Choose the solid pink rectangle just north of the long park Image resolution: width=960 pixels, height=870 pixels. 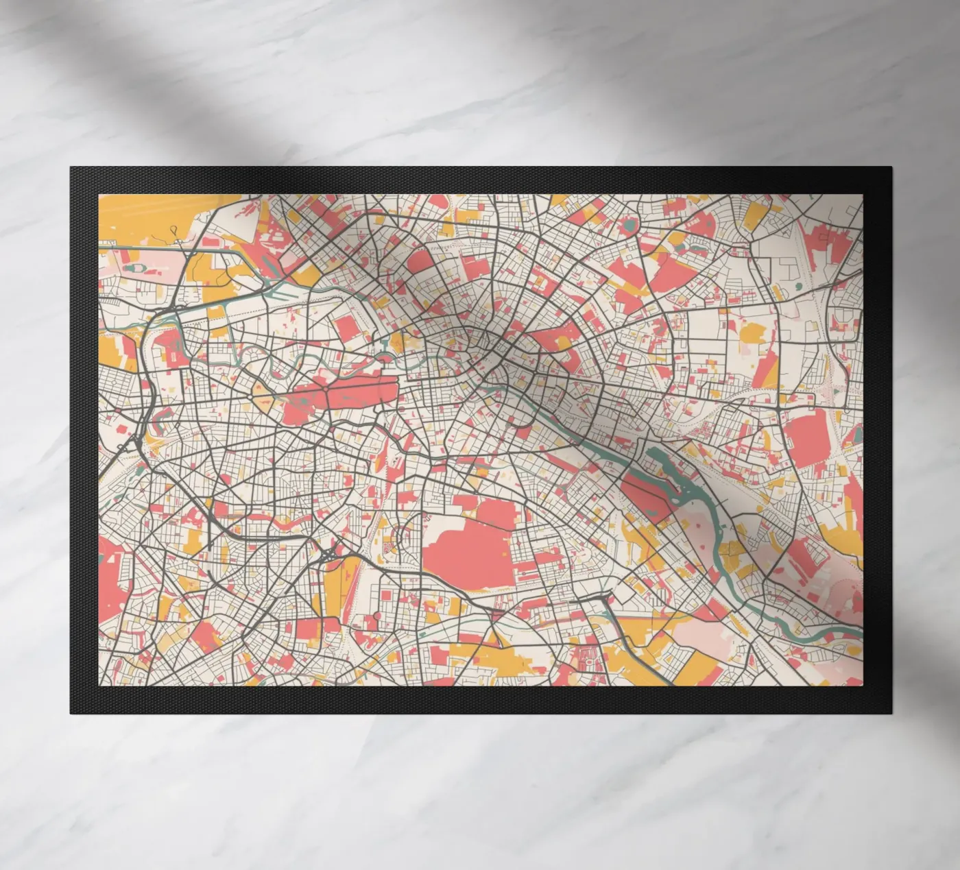click(x=346, y=329)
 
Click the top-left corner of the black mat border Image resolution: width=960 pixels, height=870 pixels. click(x=71, y=168)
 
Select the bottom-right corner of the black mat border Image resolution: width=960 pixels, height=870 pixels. click(x=890, y=713)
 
